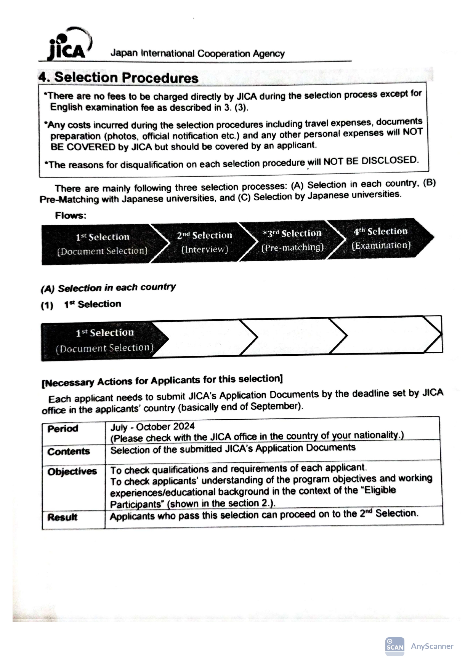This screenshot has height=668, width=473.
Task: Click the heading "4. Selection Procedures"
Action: [118, 78]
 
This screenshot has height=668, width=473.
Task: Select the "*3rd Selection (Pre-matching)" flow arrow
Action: [292, 240]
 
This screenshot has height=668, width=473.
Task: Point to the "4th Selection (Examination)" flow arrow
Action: [380, 238]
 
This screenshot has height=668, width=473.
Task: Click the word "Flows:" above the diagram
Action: [71, 216]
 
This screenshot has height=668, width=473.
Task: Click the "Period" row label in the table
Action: [63, 429]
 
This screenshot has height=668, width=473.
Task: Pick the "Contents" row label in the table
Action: [69, 452]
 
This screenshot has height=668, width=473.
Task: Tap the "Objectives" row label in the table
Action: [72, 472]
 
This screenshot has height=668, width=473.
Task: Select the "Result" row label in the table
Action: [62, 517]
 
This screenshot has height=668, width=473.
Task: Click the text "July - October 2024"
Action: [152, 427]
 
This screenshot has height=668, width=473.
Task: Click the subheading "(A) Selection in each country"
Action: [108, 288]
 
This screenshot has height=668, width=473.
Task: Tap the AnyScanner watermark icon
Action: [395, 646]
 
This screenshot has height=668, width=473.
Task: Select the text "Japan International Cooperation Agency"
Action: [197, 54]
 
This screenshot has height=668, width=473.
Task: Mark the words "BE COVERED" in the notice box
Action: [83, 147]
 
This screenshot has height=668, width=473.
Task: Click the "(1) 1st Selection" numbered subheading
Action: [81, 305]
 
